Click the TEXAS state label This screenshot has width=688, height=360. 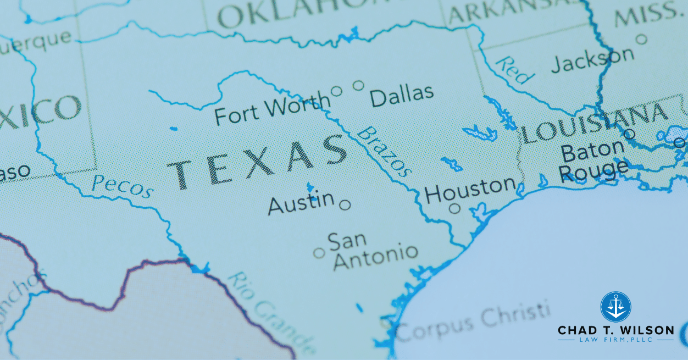tap(257, 160)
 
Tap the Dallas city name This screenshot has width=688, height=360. tap(402, 96)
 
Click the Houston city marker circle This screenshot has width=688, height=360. tap(454, 208)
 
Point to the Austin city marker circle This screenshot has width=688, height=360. tap(345, 205)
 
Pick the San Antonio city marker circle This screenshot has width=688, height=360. tap(319, 253)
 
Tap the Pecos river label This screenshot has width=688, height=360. tap(123, 186)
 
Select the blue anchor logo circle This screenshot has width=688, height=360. tap(615, 307)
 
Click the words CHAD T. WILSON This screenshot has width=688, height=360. tap(615, 330)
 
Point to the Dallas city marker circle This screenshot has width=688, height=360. tap(358, 85)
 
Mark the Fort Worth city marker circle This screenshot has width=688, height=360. tap(336, 91)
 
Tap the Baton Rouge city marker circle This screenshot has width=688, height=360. tap(630, 134)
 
